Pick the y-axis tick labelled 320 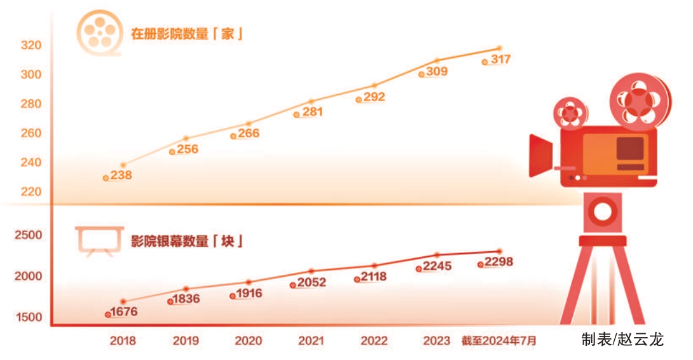(x=31, y=45)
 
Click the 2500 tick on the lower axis (x=29, y=235)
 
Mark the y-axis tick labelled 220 (x=31, y=191)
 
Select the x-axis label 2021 (x=312, y=341)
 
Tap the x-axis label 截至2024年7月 (x=499, y=341)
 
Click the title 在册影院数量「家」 (x=188, y=34)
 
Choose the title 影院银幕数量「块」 (x=188, y=242)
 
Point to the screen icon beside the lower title (x=99, y=241)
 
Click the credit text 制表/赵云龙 (x=622, y=340)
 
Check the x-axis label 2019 (x=186, y=341)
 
